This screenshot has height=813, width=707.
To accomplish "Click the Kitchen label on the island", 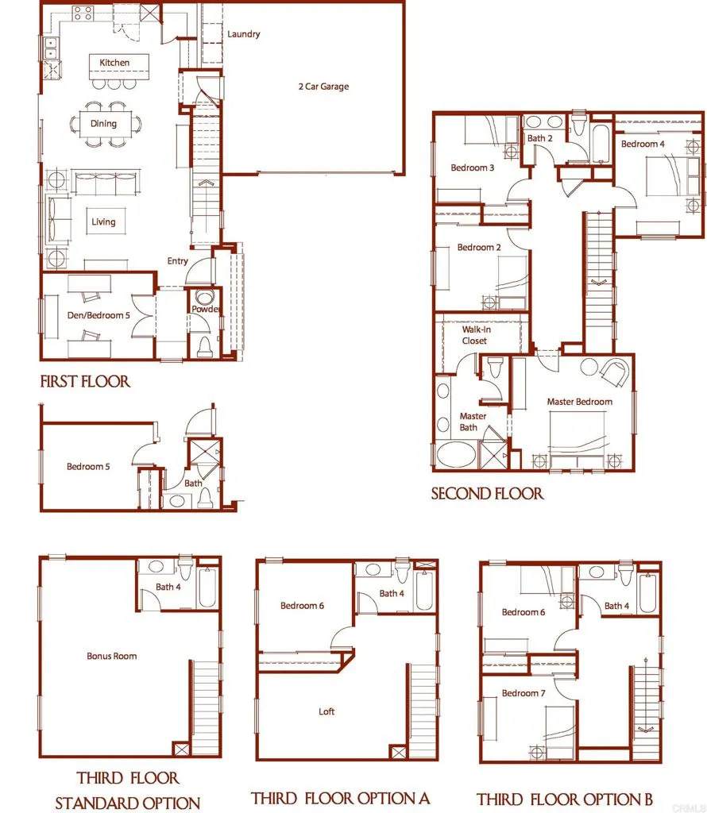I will click(114, 63).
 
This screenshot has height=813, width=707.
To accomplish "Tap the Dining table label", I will click(103, 124).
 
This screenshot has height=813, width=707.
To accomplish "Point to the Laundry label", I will click(243, 34).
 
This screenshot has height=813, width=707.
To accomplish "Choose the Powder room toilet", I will click(204, 345).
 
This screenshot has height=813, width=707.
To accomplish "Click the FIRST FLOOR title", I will click(85, 382).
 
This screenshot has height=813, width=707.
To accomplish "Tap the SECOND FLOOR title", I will click(487, 493).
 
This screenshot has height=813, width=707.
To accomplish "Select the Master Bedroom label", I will click(579, 402).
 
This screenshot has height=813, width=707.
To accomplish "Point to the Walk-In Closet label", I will click(474, 335).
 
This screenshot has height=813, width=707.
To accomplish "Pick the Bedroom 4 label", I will click(643, 144).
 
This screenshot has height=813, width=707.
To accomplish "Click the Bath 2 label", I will click(539, 138).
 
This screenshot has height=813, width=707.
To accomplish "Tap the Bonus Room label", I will click(111, 656).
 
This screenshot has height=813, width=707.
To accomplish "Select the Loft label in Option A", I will click(326, 711).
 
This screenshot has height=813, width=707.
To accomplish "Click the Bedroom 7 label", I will click(523, 693).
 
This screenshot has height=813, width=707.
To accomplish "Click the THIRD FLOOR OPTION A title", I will click(340, 797).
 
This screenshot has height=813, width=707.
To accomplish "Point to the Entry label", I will click(177, 261).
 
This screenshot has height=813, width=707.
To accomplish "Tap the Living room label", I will click(103, 222).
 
